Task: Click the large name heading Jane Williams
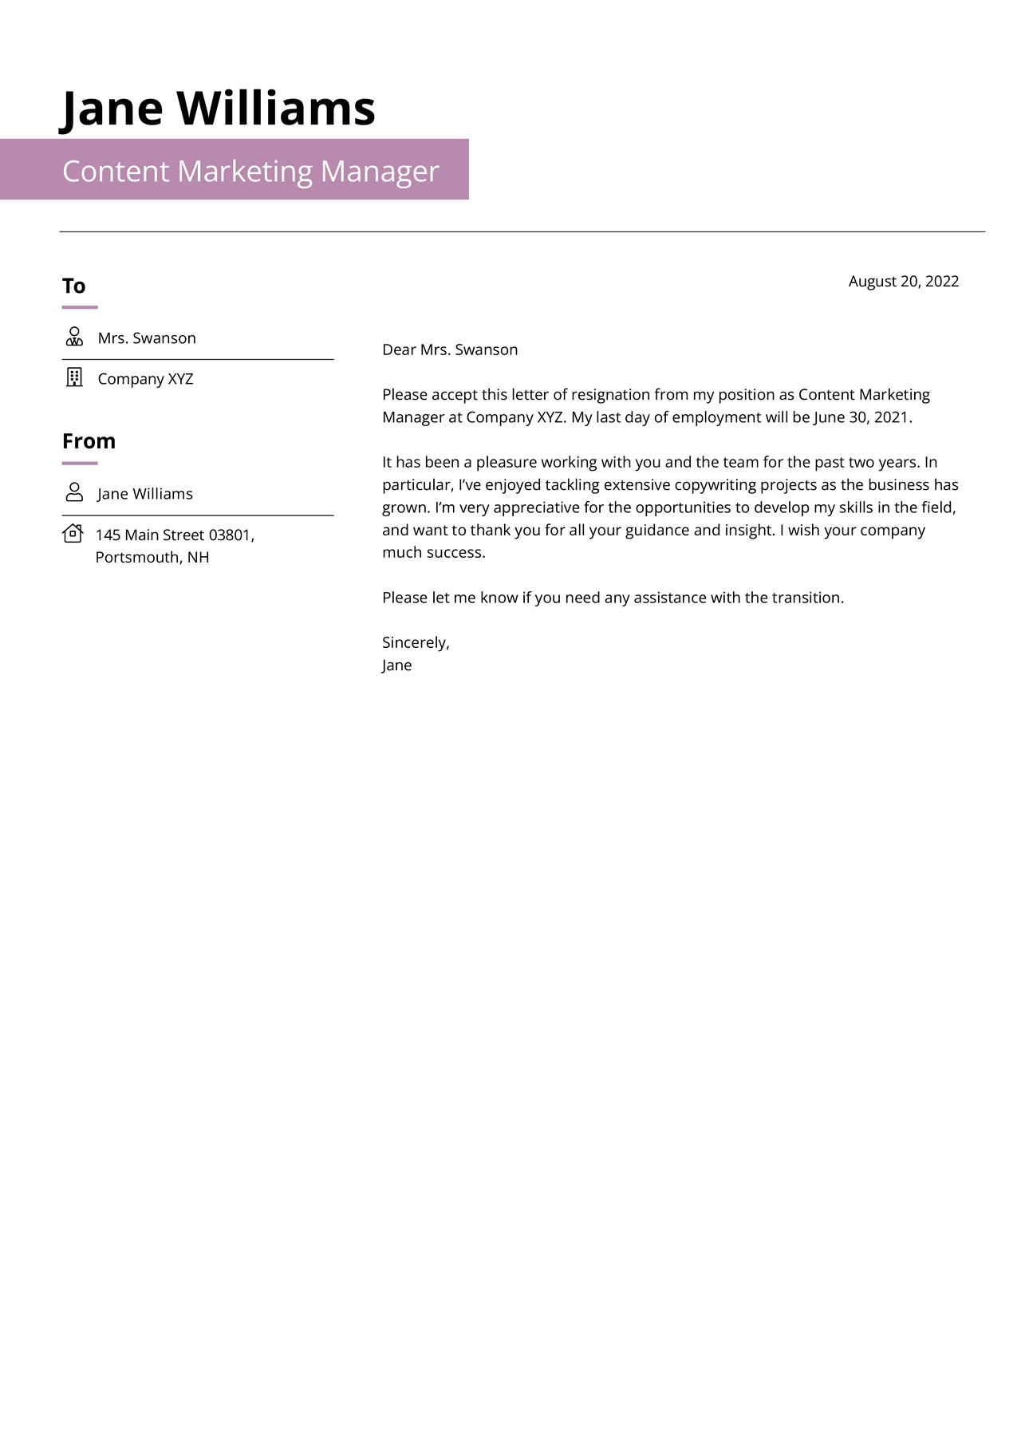coord(219,109)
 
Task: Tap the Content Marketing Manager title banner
coord(250,171)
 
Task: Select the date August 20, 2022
coord(903,282)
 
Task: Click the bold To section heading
coord(73,286)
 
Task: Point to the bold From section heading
coord(89,441)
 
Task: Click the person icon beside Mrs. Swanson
coord(74,337)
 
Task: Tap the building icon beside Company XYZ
coord(74,377)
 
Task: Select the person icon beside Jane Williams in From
coord(74,492)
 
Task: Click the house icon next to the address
coord(73,533)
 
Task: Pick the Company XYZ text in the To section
coord(145,379)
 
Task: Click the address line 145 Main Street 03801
coord(175,535)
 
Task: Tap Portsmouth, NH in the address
coord(152,558)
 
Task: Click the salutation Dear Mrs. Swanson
coord(450,349)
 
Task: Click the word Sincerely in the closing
coord(415,643)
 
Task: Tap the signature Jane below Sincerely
coord(396,665)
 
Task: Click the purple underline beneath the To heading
coord(80,307)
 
